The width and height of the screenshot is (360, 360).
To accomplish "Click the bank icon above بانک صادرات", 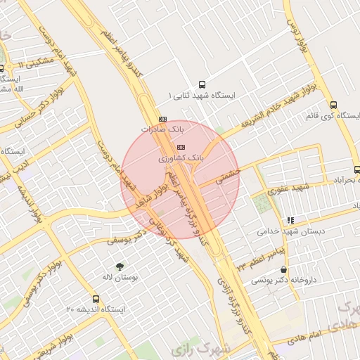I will pyautogui.click(x=163, y=119).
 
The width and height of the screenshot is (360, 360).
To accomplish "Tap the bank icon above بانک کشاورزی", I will pyautogui.click(x=181, y=147).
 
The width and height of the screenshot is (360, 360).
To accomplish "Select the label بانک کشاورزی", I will pyautogui.click(x=181, y=159).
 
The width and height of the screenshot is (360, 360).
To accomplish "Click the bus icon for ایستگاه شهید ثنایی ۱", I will pyautogui.click(x=202, y=82).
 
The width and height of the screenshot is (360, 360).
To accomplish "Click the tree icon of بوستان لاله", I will pyautogui.click(x=120, y=266).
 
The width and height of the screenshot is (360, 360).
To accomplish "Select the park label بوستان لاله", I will pyautogui.click(x=120, y=278).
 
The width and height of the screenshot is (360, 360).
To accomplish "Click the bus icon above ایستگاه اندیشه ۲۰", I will pyautogui.click(x=96, y=299).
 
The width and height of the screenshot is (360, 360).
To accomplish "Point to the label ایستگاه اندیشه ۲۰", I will pyautogui.click(x=96, y=310).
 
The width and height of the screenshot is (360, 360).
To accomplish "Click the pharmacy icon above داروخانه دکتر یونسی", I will pyautogui.click(x=283, y=270).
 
